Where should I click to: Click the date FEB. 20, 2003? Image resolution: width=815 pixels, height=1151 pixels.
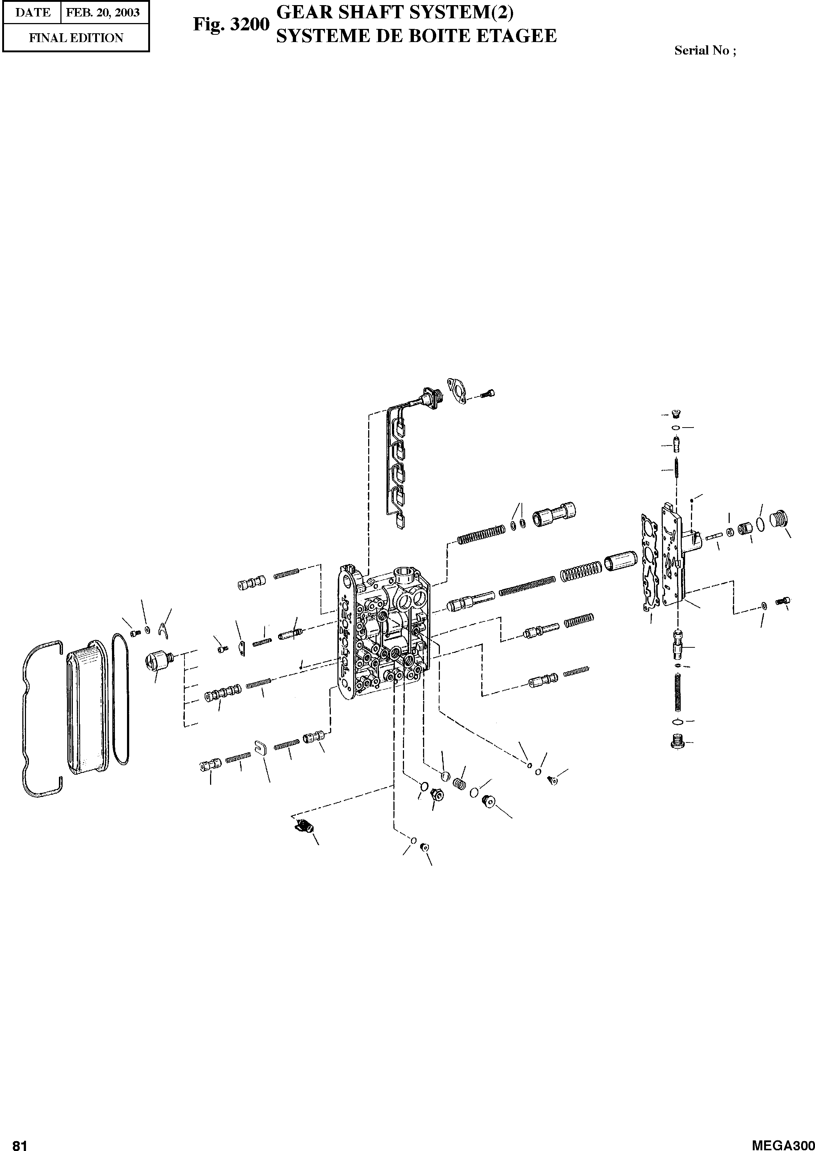click(x=103, y=12)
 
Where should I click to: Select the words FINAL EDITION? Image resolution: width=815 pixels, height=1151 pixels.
click(x=76, y=38)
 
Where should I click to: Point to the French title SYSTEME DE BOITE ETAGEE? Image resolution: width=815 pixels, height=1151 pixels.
click(x=416, y=35)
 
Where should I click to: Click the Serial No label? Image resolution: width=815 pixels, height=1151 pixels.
click(x=705, y=50)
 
